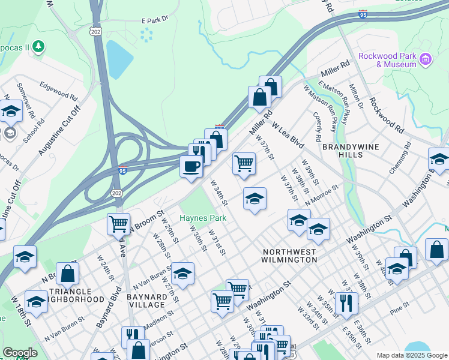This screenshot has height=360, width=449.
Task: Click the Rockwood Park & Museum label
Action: coord(387,60)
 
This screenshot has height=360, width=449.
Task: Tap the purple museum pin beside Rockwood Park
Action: coord(426,59)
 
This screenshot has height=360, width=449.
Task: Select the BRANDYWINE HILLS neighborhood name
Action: coord(351,150)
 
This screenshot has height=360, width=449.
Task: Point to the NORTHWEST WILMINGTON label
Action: coord(289,256)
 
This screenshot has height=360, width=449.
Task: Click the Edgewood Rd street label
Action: coord(58,91)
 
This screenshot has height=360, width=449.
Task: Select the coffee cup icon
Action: coord(191,166)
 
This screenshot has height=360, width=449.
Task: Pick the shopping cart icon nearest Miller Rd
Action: coord(244,163)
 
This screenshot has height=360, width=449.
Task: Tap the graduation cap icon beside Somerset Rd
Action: coord(10,112)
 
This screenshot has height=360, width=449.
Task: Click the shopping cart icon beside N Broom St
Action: coord(118,224)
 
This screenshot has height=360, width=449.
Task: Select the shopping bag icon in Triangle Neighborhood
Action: coord(68,274)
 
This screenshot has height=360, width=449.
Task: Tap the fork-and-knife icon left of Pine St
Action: coord(346,303)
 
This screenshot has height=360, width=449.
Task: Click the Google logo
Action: coord(20,352)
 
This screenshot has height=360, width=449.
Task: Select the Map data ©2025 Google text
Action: coord(411,355)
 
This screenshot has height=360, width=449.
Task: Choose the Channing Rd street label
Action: coord(400,158)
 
